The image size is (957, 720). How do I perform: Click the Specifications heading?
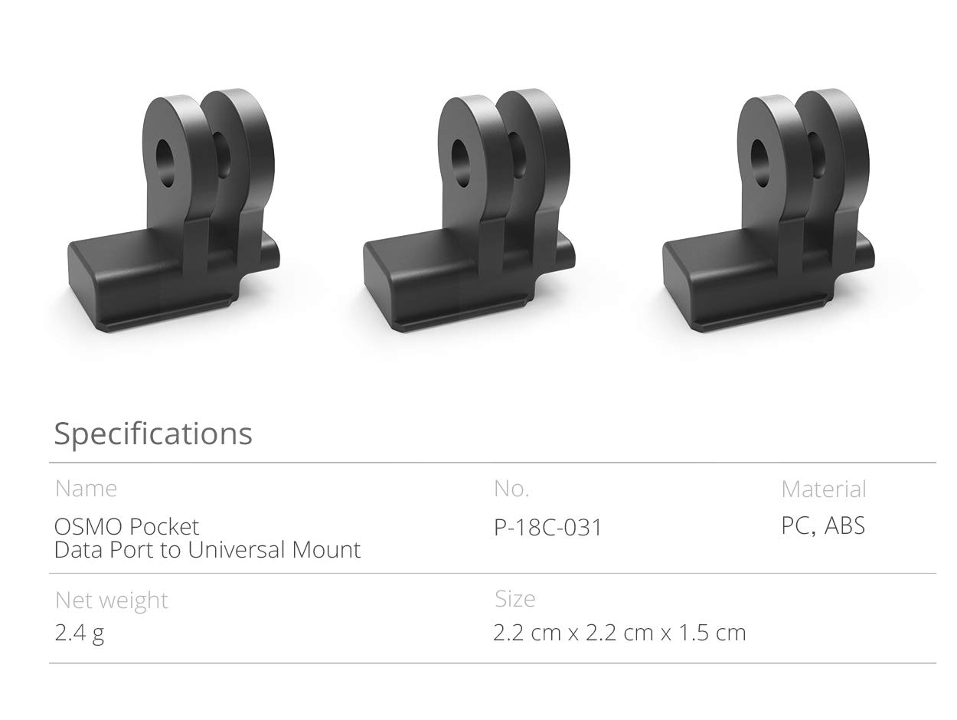point(152,434)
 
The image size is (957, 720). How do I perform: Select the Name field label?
point(86,489)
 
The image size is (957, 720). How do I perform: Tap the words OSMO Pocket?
point(126,527)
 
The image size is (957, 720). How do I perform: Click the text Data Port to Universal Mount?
point(207,550)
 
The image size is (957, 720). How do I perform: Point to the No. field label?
point(511,489)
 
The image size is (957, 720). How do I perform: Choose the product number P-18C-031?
point(548,528)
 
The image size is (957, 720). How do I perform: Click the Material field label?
point(824,489)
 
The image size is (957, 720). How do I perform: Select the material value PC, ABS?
point(823,526)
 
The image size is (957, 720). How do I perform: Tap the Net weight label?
point(111,600)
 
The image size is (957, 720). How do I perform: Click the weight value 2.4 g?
point(80,633)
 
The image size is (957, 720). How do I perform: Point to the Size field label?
point(514,599)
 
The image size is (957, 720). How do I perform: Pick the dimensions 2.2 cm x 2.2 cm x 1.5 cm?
point(619,633)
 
